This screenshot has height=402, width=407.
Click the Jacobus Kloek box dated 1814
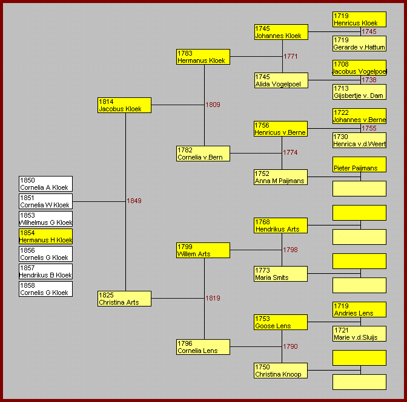pyautogui.click(x=124, y=105)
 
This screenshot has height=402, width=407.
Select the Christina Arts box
pyautogui.click(x=124, y=299)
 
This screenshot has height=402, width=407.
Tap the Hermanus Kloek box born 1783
pyautogui.click(x=203, y=57)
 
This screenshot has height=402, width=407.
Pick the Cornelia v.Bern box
pyautogui.click(x=203, y=154)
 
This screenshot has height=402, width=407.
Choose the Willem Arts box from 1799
pyautogui.click(x=203, y=250)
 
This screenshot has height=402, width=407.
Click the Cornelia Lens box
pyautogui.click(x=203, y=347)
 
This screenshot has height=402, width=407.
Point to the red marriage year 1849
pyautogui.click(x=134, y=201)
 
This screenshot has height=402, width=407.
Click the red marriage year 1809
pyautogui.click(x=213, y=105)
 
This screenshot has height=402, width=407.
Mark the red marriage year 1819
pyautogui.click(x=213, y=298)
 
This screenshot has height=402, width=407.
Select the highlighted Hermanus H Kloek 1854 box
pyautogui.click(x=45, y=236)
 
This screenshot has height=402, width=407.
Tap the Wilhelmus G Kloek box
pyautogui.click(x=45, y=219)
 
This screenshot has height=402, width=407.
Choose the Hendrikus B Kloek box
pyautogui.click(x=45, y=271)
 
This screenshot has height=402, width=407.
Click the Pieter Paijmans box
pyautogui.click(x=359, y=164)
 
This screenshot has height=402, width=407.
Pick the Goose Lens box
pyautogui.click(x=281, y=322)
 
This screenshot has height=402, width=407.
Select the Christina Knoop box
pyautogui.click(x=281, y=371)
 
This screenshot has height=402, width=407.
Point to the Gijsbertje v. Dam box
pyautogui.click(x=359, y=92)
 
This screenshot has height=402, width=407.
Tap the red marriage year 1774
pyautogui.click(x=290, y=152)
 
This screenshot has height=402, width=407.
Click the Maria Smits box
pyautogui.click(x=281, y=274)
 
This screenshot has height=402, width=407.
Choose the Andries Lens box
pyautogui.click(x=359, y=310)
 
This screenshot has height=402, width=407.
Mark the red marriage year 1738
pyautogui.click(x=369, y=80)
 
